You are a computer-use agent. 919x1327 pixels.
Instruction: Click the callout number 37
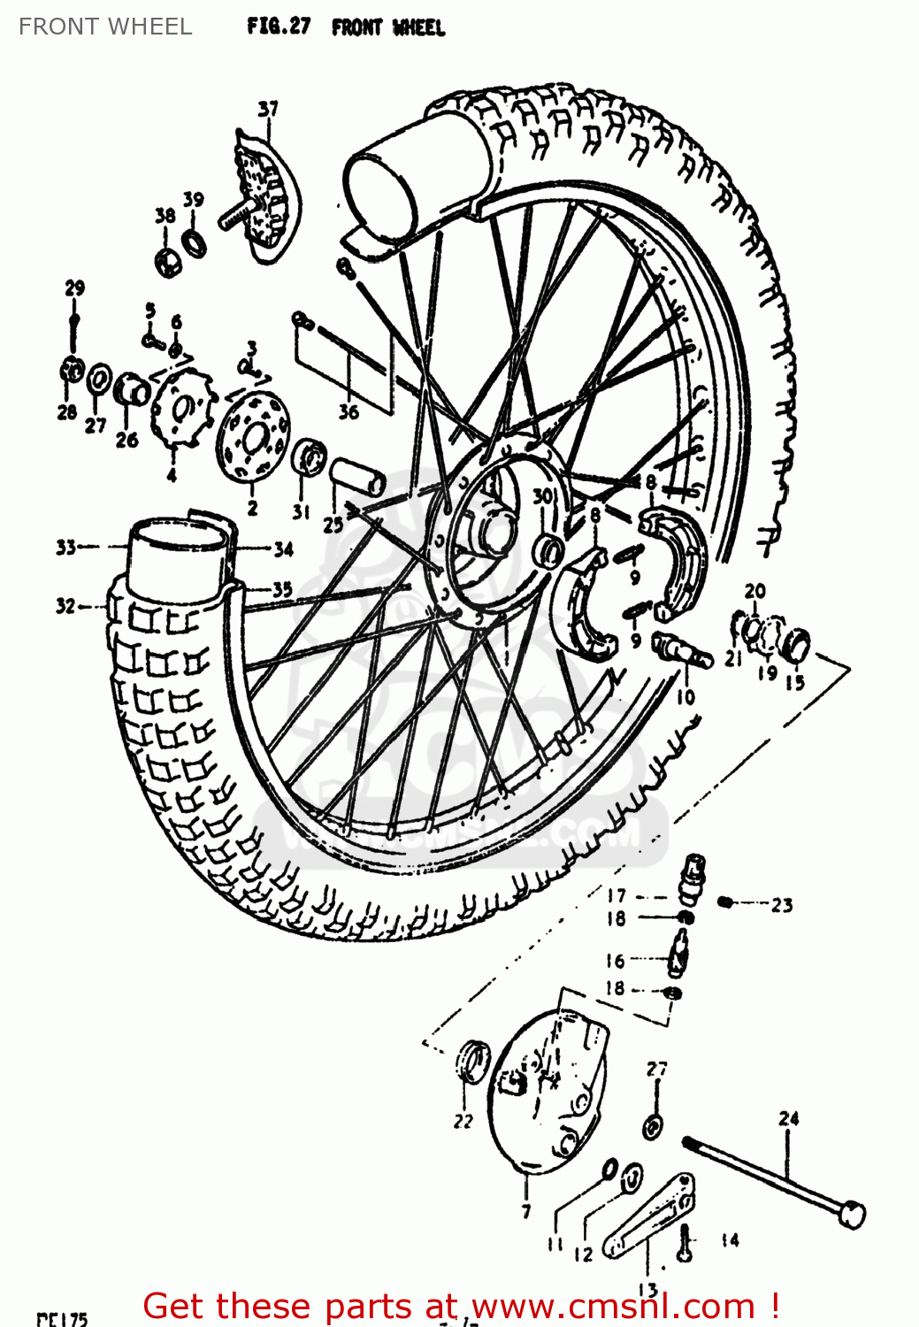[x=268, y=109]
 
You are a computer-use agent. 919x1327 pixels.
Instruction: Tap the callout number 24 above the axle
[x=788, y=1119]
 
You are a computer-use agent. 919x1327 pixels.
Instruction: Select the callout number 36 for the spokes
[x=348, y=411]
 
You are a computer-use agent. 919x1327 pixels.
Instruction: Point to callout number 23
[x=782, y=905]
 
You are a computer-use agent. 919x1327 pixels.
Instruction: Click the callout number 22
[x=463, y=1121]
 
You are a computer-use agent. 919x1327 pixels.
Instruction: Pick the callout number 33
[x=66, y=548]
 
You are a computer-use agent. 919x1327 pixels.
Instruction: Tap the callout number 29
[x=74, y=288]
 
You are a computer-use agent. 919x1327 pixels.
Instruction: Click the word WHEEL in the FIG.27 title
[x=418, y=27]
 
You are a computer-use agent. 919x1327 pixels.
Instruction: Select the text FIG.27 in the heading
[x=279, y=27]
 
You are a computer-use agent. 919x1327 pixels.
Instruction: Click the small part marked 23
[x=724, y=901]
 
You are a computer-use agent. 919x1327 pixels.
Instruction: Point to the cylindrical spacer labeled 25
[x=357, y=477]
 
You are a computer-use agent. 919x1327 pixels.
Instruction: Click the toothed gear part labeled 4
[x=183, y=409]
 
